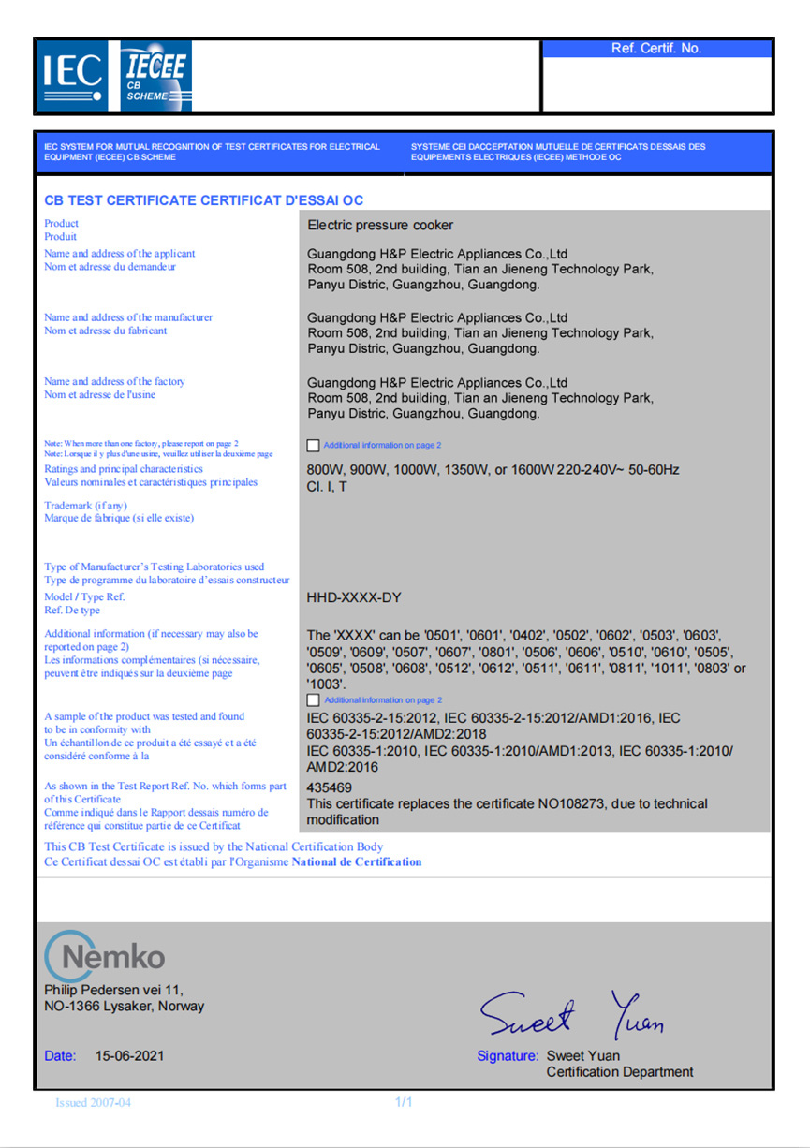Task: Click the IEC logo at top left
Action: pos(72,76)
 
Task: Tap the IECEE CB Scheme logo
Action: pos(155,76)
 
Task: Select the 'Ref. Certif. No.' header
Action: pos(656,49)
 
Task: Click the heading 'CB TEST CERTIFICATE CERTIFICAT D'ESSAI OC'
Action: pos(203,200)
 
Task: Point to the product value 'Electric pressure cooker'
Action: pos(380,225)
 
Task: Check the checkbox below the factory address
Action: pos(313,446)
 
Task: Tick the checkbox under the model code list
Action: pos(313,699)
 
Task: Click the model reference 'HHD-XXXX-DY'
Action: pos(355,596)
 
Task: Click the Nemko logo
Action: pos(105,954)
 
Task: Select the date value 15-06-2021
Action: pos(130,1055)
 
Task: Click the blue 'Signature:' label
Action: pos(508,1055)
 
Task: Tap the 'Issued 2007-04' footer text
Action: pos(94,1102)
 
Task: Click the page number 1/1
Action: pos(405,1102)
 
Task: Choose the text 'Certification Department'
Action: pos(620,1072)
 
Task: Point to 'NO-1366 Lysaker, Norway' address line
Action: pos(125,1007)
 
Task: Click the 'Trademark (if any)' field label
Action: pos(85,506)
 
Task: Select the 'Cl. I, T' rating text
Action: pos(327,487)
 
